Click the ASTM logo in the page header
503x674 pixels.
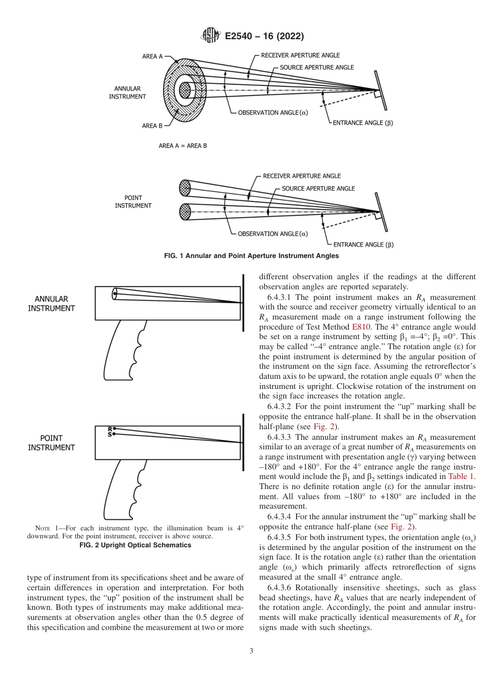210,36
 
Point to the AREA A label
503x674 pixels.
152,56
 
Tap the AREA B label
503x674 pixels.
152,126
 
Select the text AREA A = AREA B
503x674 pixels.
183,146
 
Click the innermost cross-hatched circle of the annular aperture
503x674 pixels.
184,90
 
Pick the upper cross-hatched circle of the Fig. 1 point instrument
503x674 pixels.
185,187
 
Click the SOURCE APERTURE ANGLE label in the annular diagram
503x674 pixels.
317,68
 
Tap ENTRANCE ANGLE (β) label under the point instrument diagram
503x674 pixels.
363,245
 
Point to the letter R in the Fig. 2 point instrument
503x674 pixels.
110,429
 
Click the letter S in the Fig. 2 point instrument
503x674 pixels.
110,434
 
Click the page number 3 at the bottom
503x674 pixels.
251,651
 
